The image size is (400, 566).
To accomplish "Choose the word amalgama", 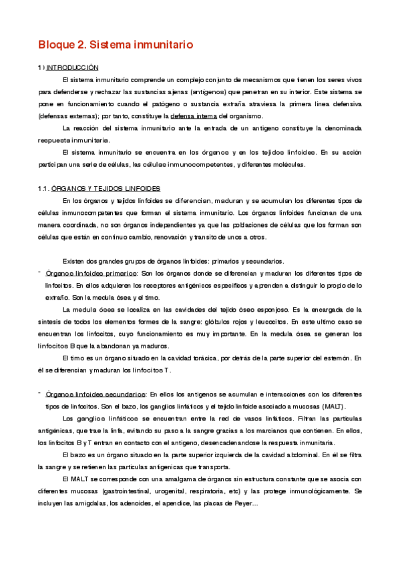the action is (x=180, y=479).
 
